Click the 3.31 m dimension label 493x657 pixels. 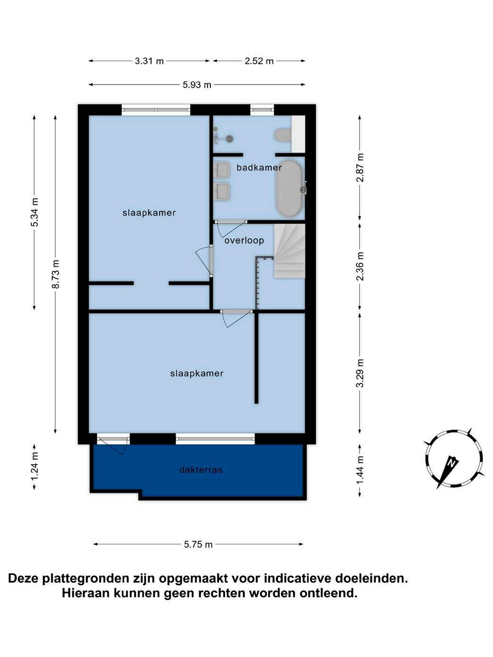(149, 61)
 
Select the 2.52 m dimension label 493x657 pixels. (259, 61)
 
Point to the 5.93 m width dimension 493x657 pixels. (197, 84)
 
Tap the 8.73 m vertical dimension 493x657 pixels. (56, 273)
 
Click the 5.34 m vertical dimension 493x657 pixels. (35, 212)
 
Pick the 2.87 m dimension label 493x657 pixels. (360, 168)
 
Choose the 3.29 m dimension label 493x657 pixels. (360, 373)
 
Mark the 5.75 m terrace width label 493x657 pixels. (198, 544)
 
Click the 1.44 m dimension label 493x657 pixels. (360, 469)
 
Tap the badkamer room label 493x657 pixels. (259, 167)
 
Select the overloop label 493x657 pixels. (244, 240)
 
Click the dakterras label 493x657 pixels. (201, 469)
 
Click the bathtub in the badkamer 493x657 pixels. (289, 188)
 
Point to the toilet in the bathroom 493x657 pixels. (282, 135)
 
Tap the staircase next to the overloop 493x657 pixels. (289, 251)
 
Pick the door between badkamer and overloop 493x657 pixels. (230, 229)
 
